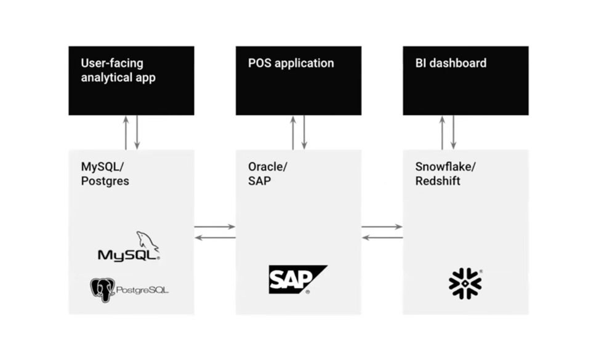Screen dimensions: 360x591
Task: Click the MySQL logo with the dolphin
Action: pyautogui.click(x=129, y=248)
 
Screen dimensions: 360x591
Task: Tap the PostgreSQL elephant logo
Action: pyautogui.click(x=102, y=289)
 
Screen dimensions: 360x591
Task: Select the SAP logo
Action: pyautogui.click(x=297, y=279)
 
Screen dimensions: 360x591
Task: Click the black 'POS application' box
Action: pyautogui.click(x=298, y=80)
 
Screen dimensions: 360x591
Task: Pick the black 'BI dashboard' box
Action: pyautogui.click(x=465, y=80)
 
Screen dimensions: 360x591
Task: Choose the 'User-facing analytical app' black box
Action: pyautogui.click(x=131, y=80)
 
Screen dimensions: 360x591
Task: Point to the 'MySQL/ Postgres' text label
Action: pyautogui.click(x=105, y=174)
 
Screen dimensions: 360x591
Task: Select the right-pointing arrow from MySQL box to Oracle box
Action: pyautogui.click(x=215, y=227)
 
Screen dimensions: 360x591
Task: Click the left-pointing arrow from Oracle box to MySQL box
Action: pyautogui.click(x=215, y=238)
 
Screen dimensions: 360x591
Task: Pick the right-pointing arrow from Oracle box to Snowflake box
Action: pyautogui.click(x=382, y=227)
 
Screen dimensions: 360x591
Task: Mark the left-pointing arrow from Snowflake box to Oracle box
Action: pyautogui.click(x=382, y=238)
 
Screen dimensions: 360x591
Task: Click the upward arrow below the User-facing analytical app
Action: pyautogui.click(x=126, y=132)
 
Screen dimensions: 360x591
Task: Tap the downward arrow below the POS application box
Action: pyautogui.click(x=304, y=132)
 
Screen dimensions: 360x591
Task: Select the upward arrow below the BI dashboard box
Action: pyautogui.click(x=442, y=132)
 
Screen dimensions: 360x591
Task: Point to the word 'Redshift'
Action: pyautogui.click(x=438, y=182)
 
